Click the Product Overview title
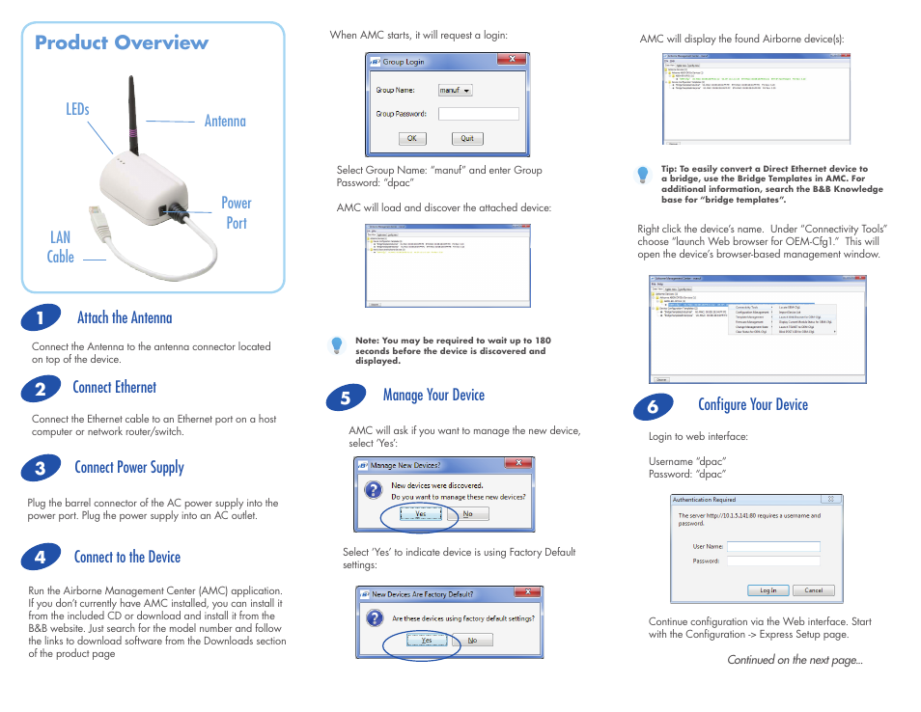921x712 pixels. [122, 42]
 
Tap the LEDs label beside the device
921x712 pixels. [77, 110]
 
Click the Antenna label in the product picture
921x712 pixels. [225, 121]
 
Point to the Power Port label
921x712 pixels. [236, 212]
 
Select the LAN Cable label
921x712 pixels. [60, 246]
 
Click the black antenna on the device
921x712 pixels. [133, 116]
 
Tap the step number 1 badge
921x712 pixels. [40, 319]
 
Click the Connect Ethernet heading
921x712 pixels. [114, 387]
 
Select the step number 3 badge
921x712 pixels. [40, 469]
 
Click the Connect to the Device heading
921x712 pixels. [126, 557]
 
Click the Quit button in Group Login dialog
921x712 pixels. [466, 138]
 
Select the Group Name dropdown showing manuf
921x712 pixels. [455, 90]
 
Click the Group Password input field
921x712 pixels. [478, 114]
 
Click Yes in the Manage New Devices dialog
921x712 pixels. [420, 514]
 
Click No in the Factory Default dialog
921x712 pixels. [472, 640]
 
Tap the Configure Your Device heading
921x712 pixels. [752, 404]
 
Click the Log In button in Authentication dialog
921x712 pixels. [767, 590]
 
